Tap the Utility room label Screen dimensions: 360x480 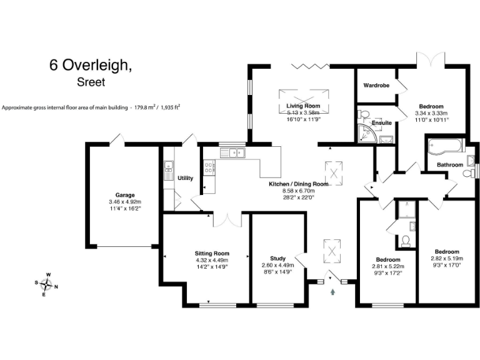pos(186,178)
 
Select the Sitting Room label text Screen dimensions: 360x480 pos(212,253)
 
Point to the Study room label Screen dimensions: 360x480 pos(277,258)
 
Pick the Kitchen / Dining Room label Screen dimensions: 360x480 pos(298,184)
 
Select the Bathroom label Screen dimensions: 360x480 pos(449,165)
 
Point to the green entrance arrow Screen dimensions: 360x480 pos(332,290)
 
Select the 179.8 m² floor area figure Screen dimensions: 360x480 pos(147,107)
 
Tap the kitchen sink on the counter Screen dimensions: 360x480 pos(235,152)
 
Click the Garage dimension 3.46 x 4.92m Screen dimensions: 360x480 pos(124,202)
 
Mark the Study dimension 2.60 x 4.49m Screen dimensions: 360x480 pos(277,265)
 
